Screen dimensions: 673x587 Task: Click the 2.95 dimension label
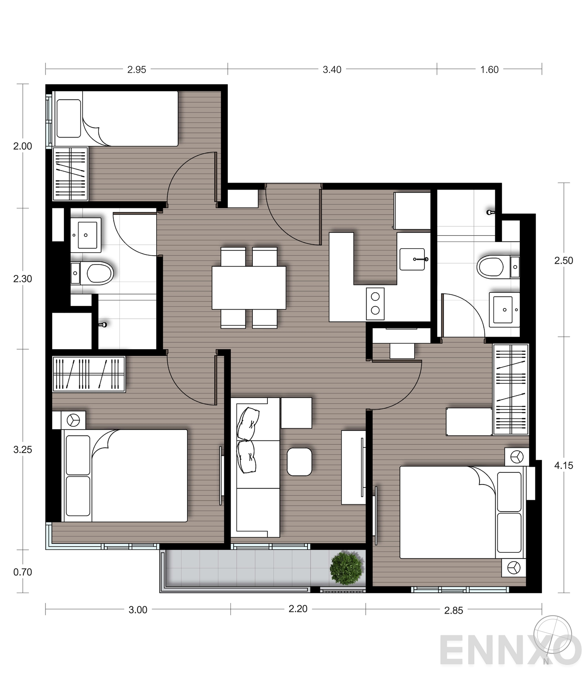[x=136, y=69]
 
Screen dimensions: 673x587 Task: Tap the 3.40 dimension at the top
[x=332, y=69]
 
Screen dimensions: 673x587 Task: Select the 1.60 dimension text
[x=489, y=69]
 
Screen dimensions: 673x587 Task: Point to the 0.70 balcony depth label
[x=23, y=572]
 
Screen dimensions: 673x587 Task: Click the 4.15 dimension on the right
[x=564, y=465]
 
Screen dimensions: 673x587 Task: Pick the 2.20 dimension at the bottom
[x=298, y=609]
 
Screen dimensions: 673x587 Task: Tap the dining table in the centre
[x=249, y=288]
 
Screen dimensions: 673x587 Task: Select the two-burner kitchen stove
[x=375, y=303]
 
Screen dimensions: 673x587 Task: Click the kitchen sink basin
[x=412, y=259]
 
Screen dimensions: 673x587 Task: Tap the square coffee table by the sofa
[x=299, y=462]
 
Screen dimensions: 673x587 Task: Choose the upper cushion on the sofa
[x=248, y=424]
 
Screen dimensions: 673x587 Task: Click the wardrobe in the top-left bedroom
[x=70, y=174]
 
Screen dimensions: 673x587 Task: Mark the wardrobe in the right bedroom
[x=511, y=389]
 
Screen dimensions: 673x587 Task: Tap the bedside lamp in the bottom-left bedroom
[x=73, y=420]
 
